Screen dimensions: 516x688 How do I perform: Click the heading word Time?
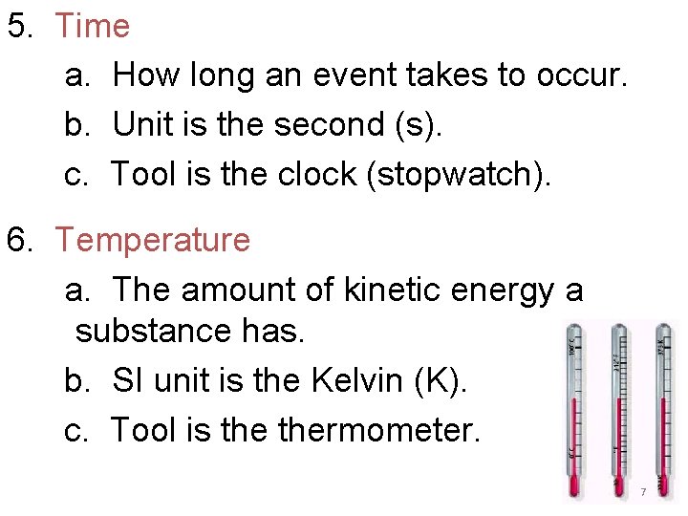pyautogui.click(x=92, y=26)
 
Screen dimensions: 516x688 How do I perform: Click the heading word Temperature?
pyautogui.click(x=152, y=240)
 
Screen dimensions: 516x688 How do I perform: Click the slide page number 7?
pyautogui.click(x=643, y=491)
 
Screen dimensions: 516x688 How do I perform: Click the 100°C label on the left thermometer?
pyautogui.click(x=572, y=345)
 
